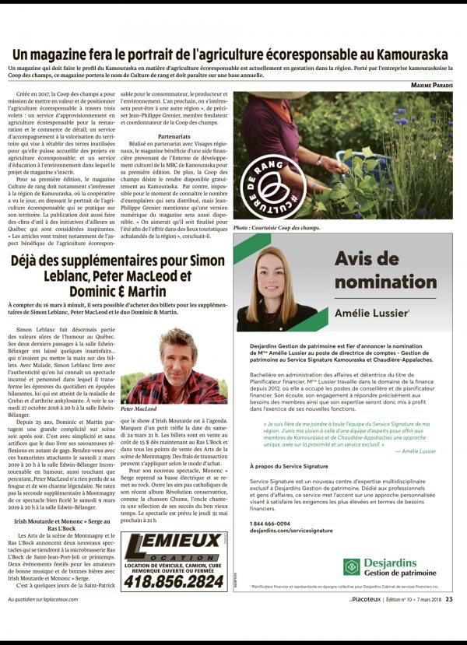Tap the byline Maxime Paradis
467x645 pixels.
click(431, 85)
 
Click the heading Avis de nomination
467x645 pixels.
click(375, 272)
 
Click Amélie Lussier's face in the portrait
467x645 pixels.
click(276, 269)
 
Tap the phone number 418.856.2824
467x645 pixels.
click(172, 581)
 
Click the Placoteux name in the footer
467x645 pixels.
click(367, 599)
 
